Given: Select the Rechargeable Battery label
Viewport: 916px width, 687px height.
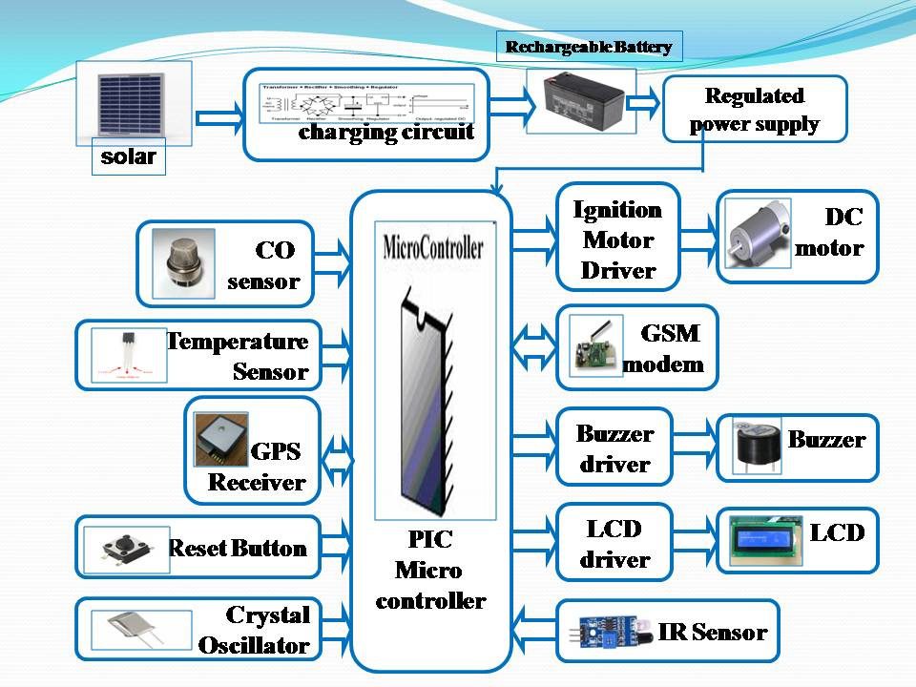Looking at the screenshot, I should point(588,47).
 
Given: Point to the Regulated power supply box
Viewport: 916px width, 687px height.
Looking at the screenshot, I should point(754,109).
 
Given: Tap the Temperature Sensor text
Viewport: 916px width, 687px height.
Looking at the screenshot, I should point(239,356).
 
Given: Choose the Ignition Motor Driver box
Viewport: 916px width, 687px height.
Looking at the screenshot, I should point(616,239).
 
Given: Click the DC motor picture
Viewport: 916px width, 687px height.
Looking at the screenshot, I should point(759,237).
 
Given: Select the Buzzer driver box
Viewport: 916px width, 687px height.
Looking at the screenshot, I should point(614,448).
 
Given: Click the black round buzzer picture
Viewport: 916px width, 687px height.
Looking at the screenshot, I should point(758,446).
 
